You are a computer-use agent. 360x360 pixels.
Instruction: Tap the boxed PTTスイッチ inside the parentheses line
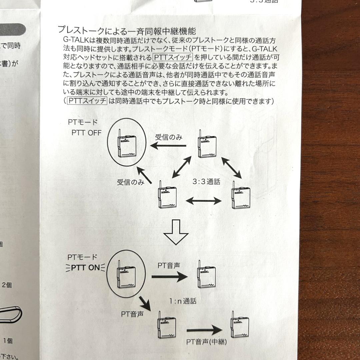click(x=87, y=101)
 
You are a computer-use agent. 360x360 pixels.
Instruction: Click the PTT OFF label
click(x=87, y=133)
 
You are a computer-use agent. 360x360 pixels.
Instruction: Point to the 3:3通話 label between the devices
click(x=206, y=182)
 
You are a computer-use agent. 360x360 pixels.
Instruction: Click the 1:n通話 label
click(x=183, y=301)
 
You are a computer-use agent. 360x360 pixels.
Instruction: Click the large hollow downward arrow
click(x=176, y=233)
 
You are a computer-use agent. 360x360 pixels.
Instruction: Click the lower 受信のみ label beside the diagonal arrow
click(x=130, y=182)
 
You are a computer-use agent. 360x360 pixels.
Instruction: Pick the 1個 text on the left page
click(x=8, y=340)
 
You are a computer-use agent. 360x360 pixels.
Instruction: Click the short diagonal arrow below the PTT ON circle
click(x=145, y=303)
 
